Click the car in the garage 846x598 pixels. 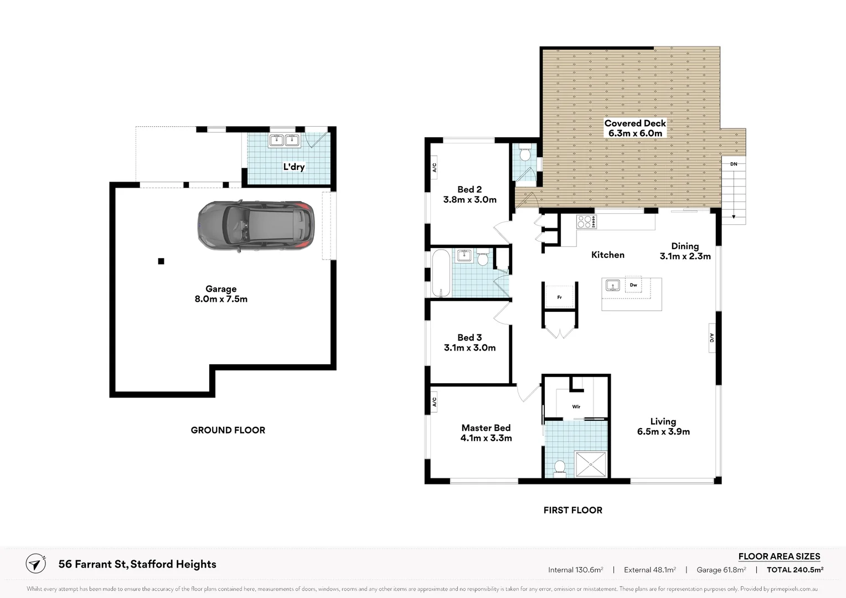(256, 226)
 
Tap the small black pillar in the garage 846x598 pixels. (161, 261)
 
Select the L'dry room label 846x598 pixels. (293, 167)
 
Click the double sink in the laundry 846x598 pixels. (285, 141)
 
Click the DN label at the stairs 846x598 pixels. (734, 164)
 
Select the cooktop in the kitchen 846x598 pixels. (586, 221)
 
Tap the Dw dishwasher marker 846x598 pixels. (633, 285)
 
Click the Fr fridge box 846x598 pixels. (560, 297)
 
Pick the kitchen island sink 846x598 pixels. (612, 286)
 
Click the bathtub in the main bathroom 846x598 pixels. (441, 274)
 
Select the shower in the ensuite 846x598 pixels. (591, 464)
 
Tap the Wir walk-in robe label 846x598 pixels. (576, 406)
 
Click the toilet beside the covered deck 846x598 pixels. (525, 153)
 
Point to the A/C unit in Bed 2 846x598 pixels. (434, 167)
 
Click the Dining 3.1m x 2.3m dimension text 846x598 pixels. (685, 256)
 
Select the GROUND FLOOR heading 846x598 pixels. (228, 430)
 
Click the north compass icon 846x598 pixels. (36, 564)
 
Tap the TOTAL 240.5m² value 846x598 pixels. (795, 569)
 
